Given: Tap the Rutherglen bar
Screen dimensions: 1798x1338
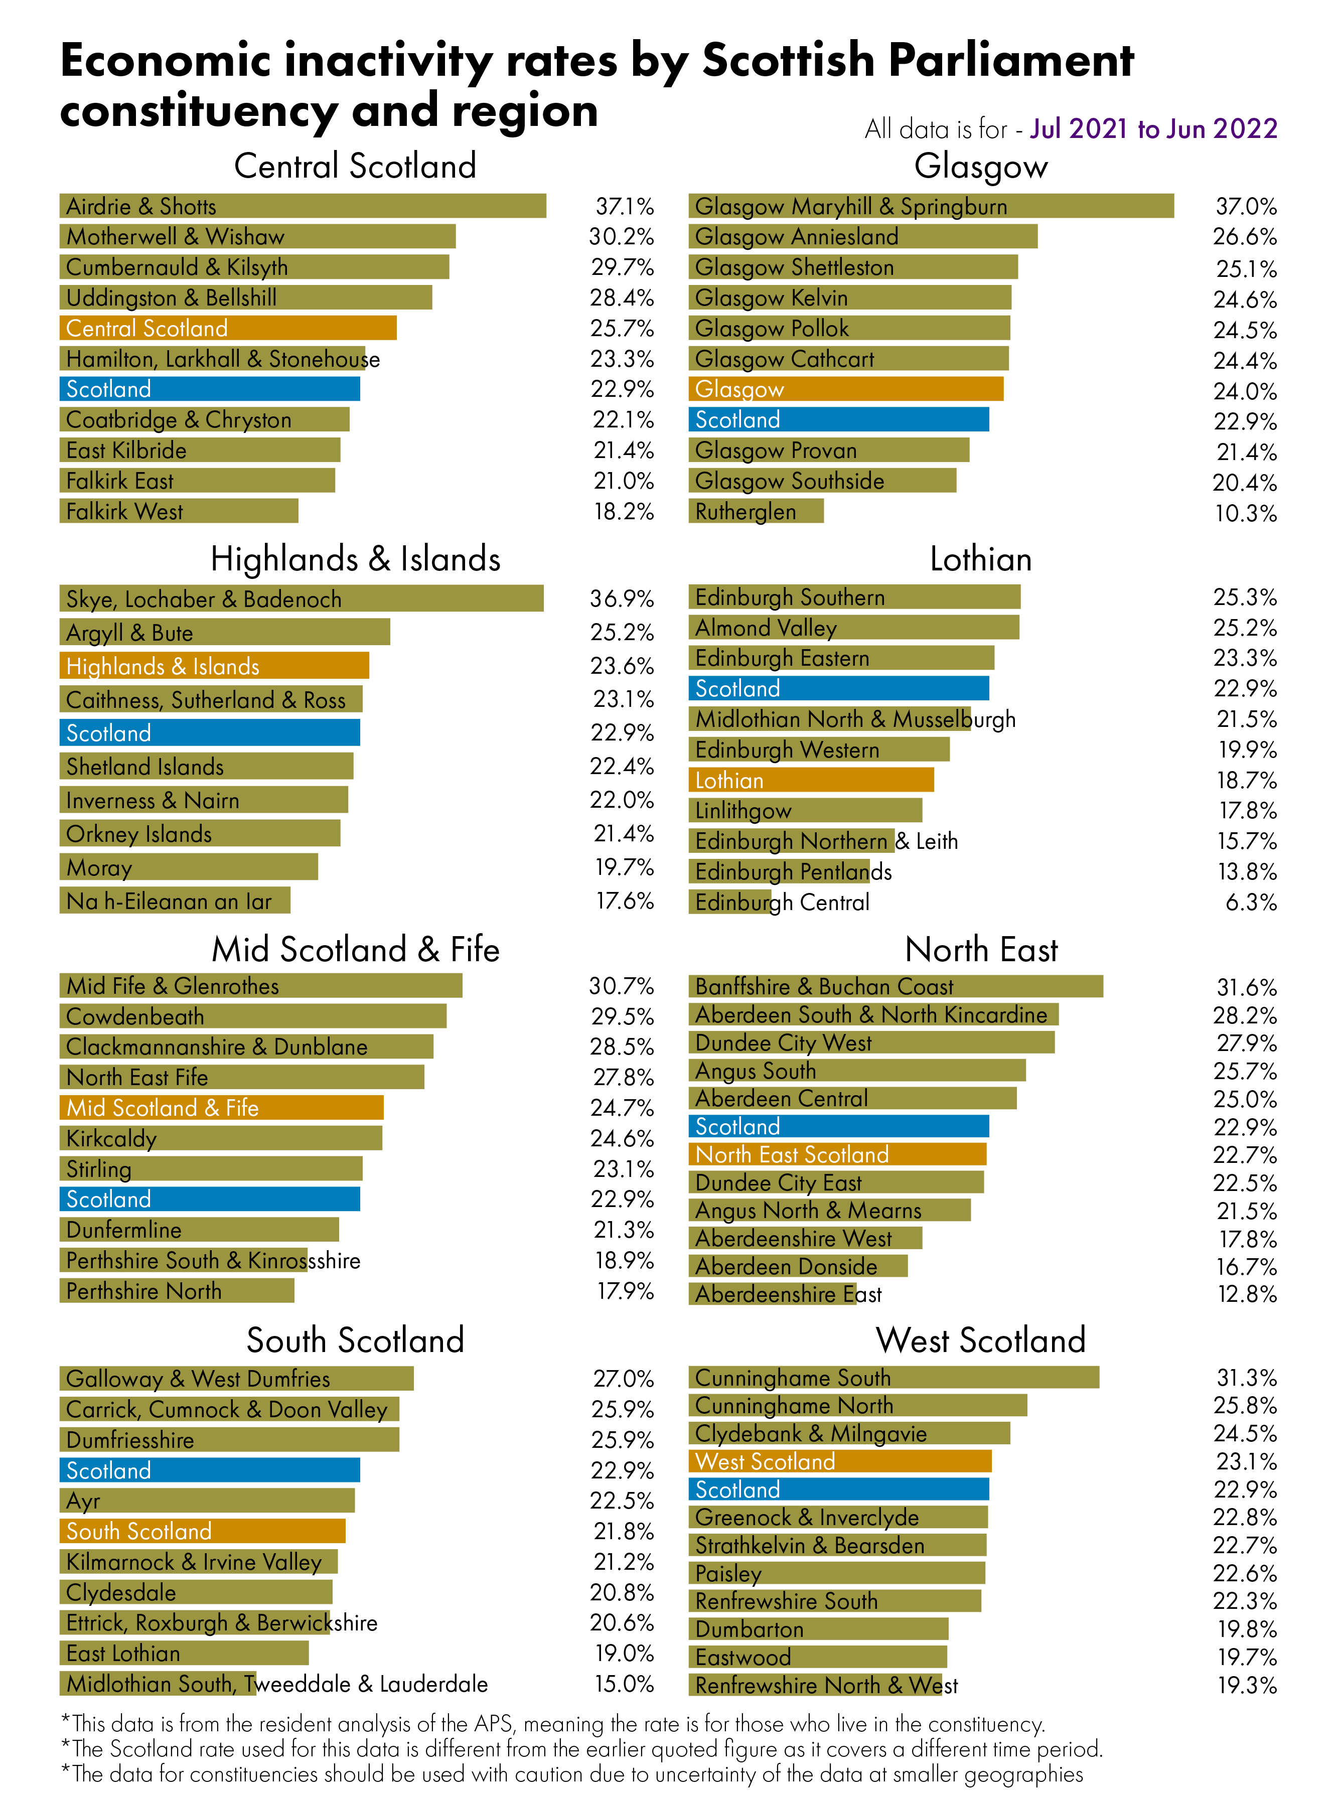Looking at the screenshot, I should (755, 511).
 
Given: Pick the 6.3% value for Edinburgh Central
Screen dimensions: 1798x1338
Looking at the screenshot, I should (1251, 902).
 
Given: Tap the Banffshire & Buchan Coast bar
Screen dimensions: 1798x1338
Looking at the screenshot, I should (895, 986).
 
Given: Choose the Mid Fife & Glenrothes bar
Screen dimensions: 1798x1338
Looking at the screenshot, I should (260, 986).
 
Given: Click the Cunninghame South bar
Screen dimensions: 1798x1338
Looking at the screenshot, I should (894, 1378).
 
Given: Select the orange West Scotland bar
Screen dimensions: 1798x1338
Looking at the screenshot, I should (839, 1461).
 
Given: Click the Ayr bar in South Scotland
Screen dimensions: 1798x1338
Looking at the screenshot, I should (207, 1501).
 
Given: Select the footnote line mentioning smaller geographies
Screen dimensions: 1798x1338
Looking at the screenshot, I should (572, 1774).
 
